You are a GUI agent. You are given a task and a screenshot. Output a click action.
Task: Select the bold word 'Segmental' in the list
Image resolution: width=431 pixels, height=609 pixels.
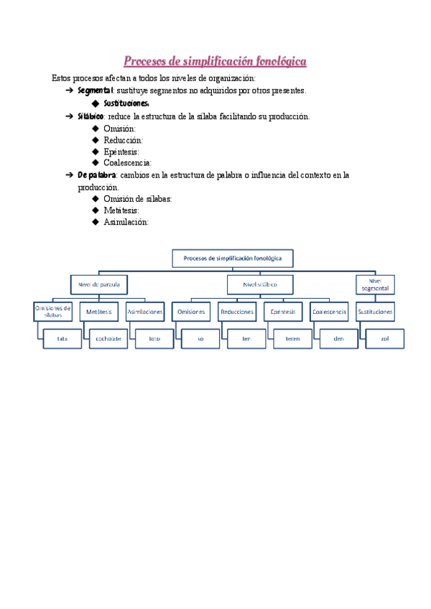[95, 90]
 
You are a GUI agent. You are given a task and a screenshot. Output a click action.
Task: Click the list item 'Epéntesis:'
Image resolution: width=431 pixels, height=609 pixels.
[121, 152]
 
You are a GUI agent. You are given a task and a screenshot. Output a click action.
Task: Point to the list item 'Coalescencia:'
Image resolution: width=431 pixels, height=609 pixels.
[128, 163]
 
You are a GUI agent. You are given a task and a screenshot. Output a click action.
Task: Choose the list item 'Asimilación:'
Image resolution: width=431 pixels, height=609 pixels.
[126, 222]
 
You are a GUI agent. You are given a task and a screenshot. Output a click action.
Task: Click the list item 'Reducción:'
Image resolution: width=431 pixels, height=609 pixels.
[123, 140]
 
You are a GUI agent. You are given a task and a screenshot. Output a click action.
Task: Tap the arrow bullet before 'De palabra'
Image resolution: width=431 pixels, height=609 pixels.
[68, 175]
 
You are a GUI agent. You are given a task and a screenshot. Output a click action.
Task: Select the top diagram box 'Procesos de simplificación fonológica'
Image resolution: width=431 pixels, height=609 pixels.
[233, 258]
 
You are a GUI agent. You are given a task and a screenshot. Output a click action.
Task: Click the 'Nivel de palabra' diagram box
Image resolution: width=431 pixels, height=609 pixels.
[99, 284]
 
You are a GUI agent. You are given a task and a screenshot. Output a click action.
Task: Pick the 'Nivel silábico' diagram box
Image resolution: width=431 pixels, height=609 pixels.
[259, 284]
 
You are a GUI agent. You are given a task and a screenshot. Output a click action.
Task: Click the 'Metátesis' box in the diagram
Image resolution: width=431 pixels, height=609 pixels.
[99, 312]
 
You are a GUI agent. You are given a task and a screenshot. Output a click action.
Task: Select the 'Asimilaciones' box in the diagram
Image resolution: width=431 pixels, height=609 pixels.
[145, 312]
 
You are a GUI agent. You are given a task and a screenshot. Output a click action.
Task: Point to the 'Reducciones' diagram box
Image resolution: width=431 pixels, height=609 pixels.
[237, 312]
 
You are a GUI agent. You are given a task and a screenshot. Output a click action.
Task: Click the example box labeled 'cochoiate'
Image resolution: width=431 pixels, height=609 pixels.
[109, 338]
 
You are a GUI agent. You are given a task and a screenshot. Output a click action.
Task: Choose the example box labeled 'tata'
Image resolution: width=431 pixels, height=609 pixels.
[62, 338]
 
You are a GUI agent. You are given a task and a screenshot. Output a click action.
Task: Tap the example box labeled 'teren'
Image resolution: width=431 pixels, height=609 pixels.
[292, 338]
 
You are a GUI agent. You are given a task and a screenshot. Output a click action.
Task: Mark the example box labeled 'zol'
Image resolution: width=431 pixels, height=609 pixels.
[384, 338]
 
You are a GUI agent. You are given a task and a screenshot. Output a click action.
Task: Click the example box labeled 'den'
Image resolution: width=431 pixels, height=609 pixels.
[338, 338]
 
